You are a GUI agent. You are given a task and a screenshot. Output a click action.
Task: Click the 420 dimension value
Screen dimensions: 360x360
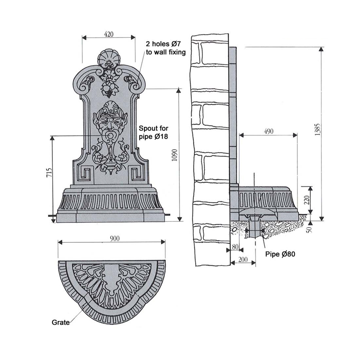click(x=109, y=34)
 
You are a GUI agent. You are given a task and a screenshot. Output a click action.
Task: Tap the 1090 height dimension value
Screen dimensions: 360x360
click(x=175, y=155)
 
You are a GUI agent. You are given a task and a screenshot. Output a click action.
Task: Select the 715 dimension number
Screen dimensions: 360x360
click(x=49, y=173)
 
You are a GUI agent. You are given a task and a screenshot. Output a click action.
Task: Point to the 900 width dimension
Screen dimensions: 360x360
click(x=114, y=239)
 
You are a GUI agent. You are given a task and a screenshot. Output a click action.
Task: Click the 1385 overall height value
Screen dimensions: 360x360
click(x=317, y=130)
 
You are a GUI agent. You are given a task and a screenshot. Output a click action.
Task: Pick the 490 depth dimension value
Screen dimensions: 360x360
click(x=269, y=131)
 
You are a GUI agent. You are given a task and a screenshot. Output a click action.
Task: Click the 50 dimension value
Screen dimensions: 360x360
click(x=310, y=229)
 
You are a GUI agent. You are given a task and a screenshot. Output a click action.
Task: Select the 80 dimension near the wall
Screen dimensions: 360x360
click(x=235, y=247)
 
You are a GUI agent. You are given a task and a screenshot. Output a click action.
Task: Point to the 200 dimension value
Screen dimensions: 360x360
click(x=243, y=260)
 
